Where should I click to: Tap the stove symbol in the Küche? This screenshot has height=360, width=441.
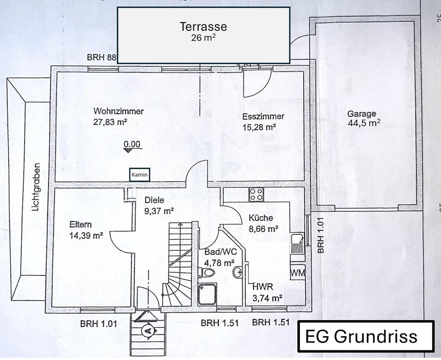(256, 194)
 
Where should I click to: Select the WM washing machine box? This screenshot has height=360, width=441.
(297, 273)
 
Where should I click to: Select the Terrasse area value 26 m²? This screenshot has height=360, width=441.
(203, 38)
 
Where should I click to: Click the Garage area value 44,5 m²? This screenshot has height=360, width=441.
(364, 123)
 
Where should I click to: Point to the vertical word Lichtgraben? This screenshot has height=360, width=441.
(36, 188)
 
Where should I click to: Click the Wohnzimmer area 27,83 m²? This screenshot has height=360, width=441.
(110, 123)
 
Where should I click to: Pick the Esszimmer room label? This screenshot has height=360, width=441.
(263, 116)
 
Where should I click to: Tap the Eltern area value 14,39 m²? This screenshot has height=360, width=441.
(86, 236)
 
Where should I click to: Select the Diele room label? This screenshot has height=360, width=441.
(154, 200)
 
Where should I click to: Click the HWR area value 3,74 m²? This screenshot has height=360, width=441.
(267, 298)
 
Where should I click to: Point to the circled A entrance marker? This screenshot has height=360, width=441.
(148, 330)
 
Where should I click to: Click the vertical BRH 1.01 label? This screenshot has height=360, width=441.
(321, 235)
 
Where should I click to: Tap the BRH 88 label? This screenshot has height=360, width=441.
(102, 58)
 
